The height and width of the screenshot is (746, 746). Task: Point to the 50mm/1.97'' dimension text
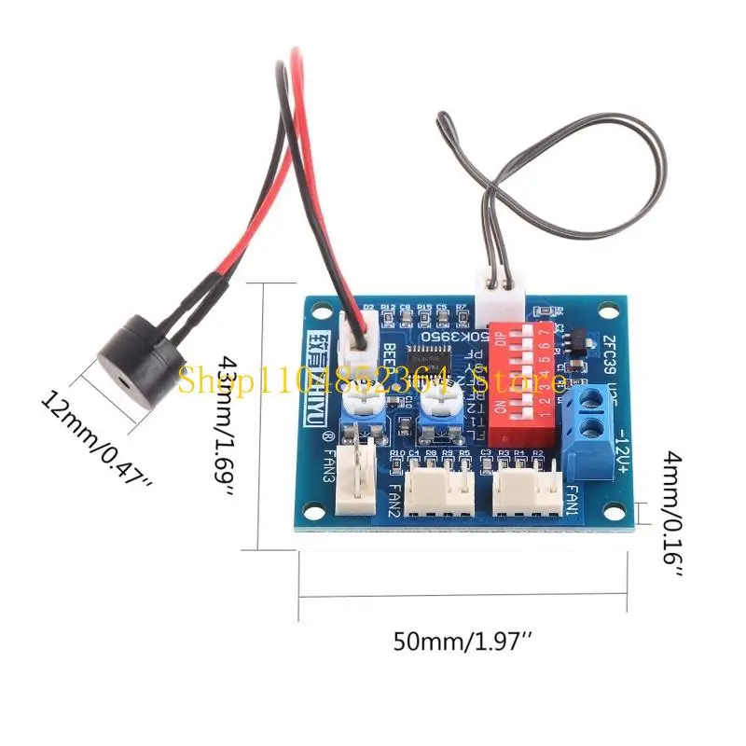click(x=462, y=642)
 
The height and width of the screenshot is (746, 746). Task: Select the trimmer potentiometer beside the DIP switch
click(x=436, y=405)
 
